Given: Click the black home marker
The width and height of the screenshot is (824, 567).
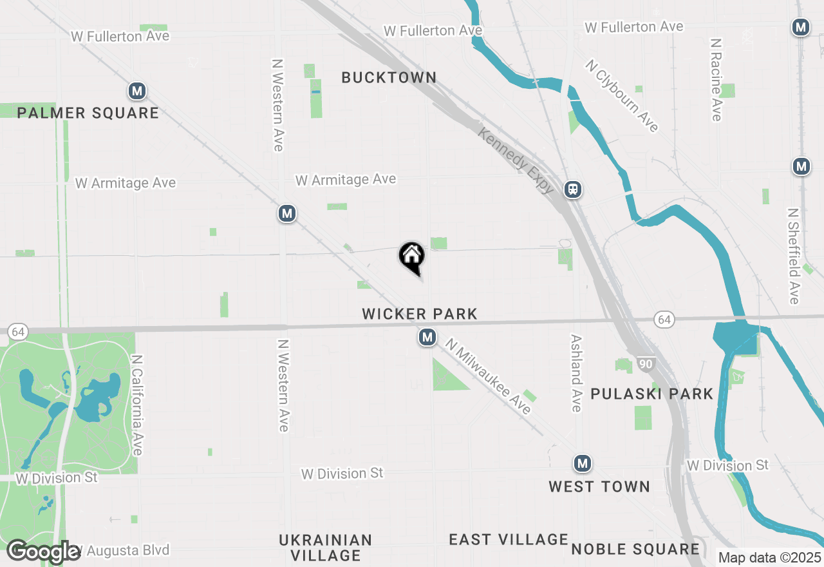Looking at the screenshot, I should [x=412, y=256].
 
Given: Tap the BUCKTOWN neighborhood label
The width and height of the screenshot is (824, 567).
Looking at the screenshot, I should [x=389, y=78].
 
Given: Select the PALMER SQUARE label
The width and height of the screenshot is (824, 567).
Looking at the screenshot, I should [x=88, y=113].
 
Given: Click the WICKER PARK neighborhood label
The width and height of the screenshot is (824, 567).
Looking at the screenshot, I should [x=420, y=314].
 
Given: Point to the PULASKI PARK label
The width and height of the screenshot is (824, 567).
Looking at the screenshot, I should [x=651, y=394].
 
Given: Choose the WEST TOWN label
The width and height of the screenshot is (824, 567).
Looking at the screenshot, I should [x=599, y=486].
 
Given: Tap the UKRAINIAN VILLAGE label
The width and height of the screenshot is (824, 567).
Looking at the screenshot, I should [x=325, y=547].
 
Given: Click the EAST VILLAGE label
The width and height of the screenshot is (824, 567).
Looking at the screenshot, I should [x=509, y=539].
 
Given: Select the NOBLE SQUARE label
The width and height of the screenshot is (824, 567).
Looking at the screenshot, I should [x=635, y=549].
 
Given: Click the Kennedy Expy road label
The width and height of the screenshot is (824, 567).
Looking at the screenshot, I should [x=516, y=160].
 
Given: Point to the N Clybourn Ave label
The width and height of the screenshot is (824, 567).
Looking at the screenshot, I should [x=622, y=96].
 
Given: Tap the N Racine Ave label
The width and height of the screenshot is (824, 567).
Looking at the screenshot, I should [x=716, y=79].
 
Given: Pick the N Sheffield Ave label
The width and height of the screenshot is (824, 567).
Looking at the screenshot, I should [x=794, y=256].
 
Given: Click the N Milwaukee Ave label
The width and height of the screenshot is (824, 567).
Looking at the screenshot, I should [x=489, y=378].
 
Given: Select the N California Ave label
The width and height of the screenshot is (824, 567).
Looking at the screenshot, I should [x=136, y=405].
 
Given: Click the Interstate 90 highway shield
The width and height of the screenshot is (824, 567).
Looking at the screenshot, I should [x=647, y=365].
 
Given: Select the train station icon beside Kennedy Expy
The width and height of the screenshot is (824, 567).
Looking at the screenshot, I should [x=572, y=189].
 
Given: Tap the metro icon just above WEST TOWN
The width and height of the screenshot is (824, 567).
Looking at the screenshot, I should [x=583, y=463].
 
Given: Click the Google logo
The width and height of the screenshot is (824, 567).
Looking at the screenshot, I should [x=44, y=552].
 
